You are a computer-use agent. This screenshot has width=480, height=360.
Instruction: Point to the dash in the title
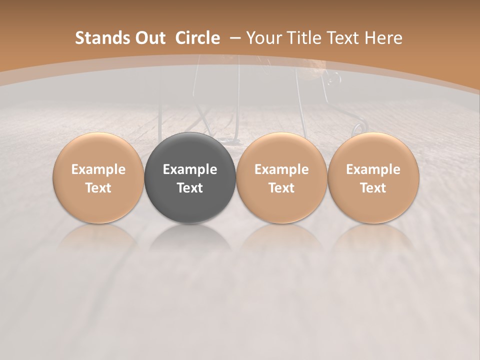(235, 38)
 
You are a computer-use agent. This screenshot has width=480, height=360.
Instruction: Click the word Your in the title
(262, 38)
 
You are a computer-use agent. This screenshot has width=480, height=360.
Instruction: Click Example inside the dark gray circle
(190, 169)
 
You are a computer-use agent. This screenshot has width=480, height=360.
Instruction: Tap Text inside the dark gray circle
(190, 188)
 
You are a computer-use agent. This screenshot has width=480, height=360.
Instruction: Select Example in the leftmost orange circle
(98, 169)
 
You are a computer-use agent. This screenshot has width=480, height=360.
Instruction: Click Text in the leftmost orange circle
(98, 188)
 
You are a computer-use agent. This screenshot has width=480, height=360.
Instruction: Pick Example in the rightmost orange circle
(373, 169)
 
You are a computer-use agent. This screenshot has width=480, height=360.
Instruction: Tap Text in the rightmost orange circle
(373, 188)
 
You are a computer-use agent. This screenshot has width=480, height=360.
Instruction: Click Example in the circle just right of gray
(281, 169)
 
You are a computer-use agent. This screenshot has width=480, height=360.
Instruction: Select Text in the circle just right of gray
(281, 188)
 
